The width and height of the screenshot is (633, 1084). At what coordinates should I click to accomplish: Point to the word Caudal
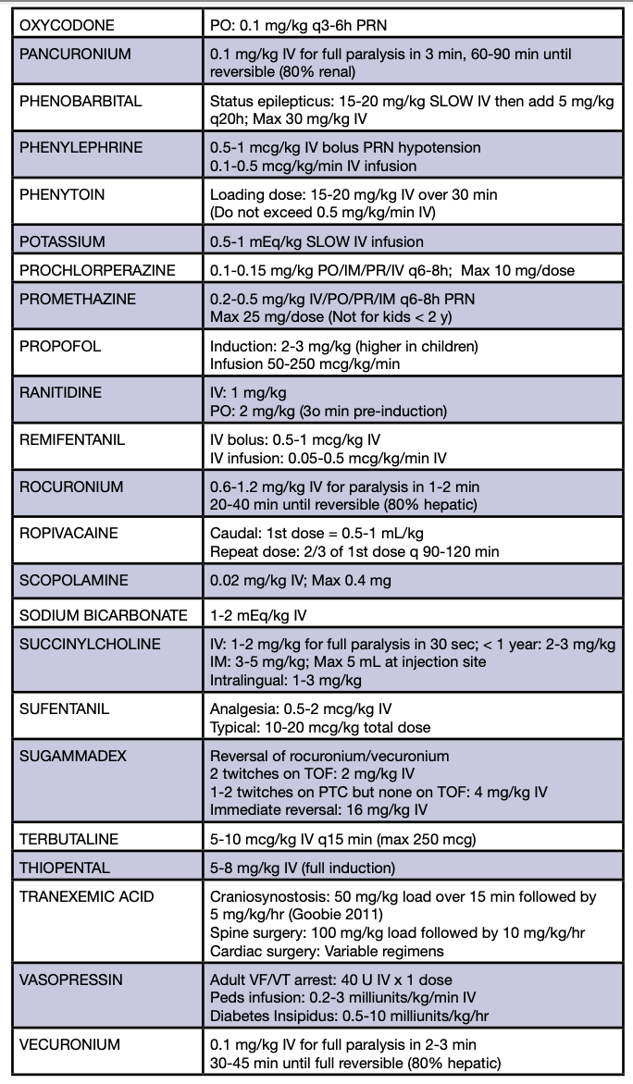coord(233,535)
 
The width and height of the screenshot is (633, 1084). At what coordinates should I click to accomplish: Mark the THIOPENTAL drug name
coord(64,868)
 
